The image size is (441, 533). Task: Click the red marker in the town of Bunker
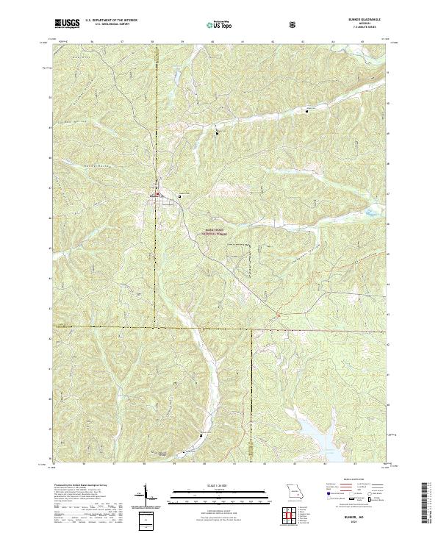156,195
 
